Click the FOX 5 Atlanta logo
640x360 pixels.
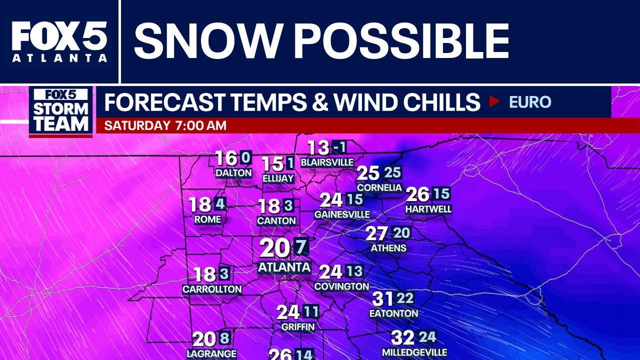(x=59, y=41)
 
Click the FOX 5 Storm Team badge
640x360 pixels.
(x=61, y=111)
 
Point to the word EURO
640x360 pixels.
(x=529, y=102)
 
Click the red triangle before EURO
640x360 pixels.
(x=494, y=102)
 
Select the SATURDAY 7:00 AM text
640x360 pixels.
(x=165, y=125)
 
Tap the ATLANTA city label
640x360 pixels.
(x=284, y=267)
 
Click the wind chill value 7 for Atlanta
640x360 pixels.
(x=300, y=247)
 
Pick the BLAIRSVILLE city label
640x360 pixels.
(x=327, y=162)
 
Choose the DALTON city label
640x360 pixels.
(x=233, y=173)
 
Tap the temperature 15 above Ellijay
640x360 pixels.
(x=273, y=164)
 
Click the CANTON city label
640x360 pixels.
(x=276, y=220)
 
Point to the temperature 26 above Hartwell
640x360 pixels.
(x=418, y=194)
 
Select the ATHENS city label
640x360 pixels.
(x=388, y=248)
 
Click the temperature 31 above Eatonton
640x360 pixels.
(x=383, y=299)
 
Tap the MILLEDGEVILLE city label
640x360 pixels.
(x=414, y=352)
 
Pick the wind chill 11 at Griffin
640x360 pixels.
(x=311, y=312)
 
